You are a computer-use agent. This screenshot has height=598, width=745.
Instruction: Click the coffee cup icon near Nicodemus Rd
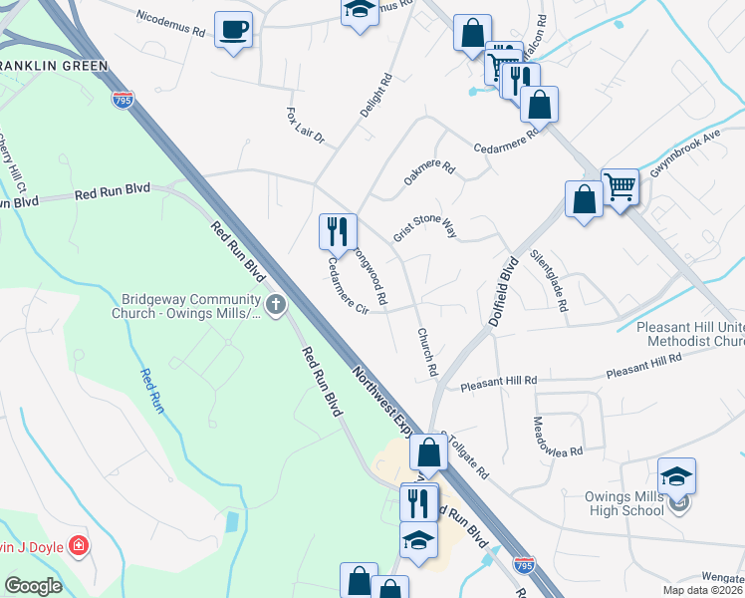233,29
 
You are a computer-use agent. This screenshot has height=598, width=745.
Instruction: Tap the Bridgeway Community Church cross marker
275,303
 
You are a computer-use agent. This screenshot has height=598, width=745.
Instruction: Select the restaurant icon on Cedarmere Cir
337,231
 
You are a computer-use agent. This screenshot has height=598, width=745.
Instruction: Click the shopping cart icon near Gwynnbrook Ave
620,184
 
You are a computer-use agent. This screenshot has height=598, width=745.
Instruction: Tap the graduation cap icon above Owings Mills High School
676,476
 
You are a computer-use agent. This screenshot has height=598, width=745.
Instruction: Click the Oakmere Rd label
428,171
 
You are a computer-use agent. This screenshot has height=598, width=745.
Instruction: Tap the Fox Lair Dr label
306,125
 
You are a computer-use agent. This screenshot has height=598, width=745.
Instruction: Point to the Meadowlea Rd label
557,437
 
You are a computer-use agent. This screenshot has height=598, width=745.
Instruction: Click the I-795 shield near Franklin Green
123,102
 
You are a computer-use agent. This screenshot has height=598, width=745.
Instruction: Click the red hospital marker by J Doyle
78,546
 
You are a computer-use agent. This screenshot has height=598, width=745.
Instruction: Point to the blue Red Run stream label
149,390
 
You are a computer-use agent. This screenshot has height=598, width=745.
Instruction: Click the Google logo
33,586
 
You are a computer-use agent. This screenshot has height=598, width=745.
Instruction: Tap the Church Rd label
427,352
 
